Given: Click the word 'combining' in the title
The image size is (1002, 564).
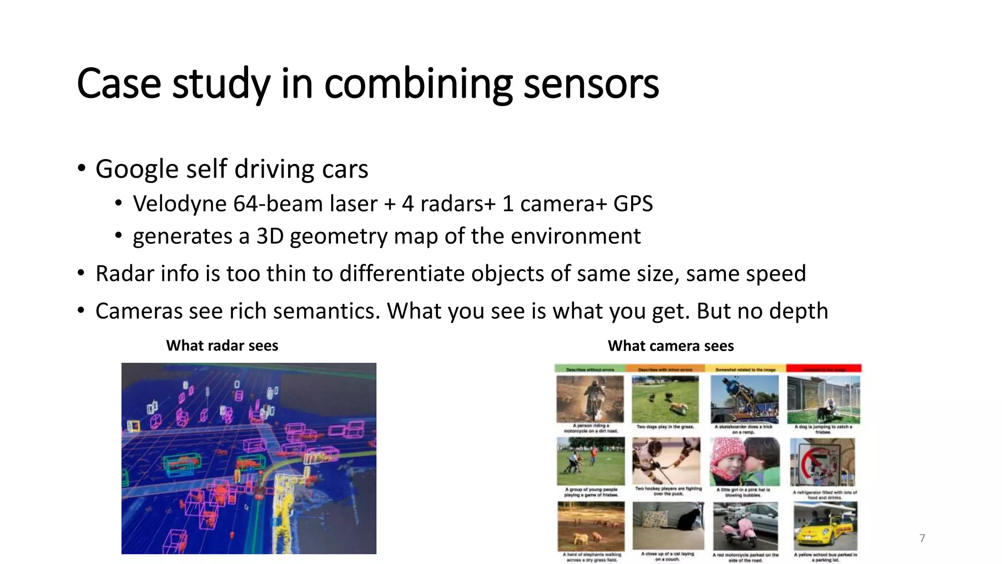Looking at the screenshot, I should (x=418, y=84).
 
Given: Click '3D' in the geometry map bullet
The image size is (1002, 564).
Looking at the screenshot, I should (x=270, y=236).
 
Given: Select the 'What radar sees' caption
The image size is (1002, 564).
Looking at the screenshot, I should (x=222, y=346).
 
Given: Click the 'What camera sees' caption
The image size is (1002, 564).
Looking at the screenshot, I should (x=671, y=346).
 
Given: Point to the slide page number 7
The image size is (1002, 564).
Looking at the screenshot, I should (x=922, y=538).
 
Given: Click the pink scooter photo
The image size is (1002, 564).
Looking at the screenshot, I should (x=745, y=526).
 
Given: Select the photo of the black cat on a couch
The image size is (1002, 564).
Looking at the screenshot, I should (x=668, y=525).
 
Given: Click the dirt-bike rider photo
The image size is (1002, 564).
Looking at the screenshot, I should (x=591, y=399).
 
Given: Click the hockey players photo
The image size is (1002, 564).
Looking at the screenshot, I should (x=666, y=461).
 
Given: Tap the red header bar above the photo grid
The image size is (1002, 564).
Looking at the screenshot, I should (x=823, y=369).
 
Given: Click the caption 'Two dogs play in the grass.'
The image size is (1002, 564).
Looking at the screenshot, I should (x=665, y=427).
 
